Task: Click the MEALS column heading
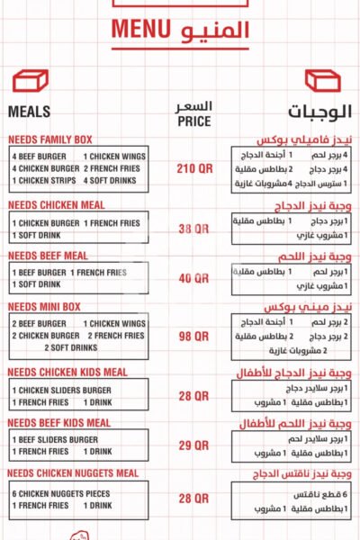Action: click(29, 112)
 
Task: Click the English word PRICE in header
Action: click(194, 121)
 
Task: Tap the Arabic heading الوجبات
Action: click(320, 113)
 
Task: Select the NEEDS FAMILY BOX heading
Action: click(50, 139)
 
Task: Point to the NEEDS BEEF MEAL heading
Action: click(48, 256)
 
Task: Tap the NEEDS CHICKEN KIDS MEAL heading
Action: click(67, 372)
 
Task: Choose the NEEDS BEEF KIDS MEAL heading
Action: click(59, 422)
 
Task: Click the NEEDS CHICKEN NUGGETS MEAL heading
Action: click(73, 473)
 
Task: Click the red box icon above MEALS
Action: click(30, 81)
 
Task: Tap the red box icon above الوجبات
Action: click(322, 81)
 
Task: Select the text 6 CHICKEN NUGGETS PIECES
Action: click(61, 493)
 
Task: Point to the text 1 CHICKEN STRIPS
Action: click(42, 180)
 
